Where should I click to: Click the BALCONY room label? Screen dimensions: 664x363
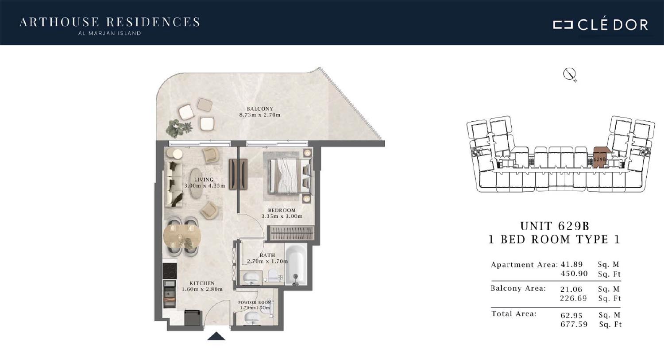pos(260,109)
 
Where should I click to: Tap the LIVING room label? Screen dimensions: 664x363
pos(204,180)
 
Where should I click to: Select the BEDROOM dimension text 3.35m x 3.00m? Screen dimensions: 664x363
pos(282,216)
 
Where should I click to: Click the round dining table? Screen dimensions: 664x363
pos(182,236)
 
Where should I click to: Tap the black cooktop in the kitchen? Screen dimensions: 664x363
pos(170,271)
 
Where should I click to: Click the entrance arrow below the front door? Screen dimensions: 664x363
pos(216,336)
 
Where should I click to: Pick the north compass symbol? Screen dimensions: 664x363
pos(569,74)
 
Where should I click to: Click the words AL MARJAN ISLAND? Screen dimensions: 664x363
pos(109,33)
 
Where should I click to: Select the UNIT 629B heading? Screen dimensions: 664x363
pos(555,226)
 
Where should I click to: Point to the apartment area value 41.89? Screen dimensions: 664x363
pos(571,264)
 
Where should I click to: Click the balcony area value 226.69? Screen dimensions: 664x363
pos(573,298)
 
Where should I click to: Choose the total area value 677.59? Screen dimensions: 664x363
pos(574,324)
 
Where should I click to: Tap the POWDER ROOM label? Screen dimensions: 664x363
pos(255,302)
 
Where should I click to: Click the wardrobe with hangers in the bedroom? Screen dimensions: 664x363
pos(291,233)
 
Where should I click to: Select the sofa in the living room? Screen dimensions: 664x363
pos(174,184)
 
